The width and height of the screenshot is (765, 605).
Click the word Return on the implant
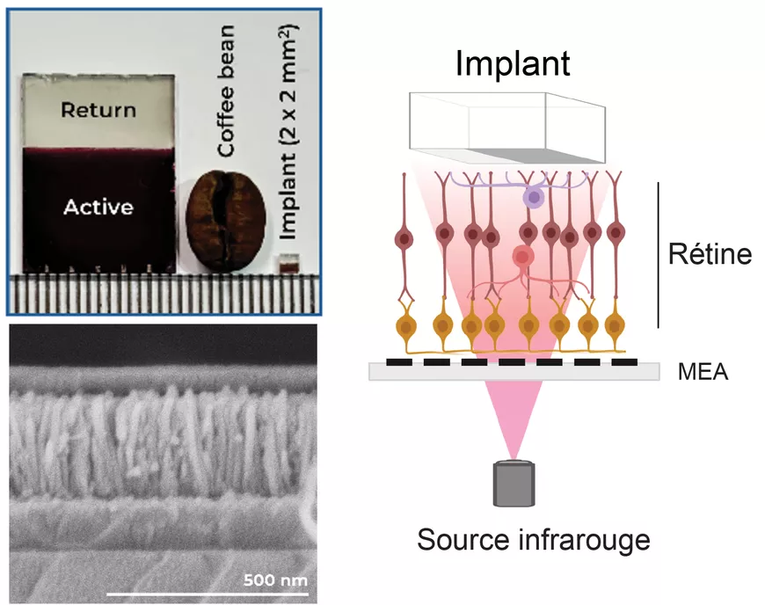click(x=98, y=110)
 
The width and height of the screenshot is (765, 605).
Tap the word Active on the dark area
click(x=98, y=207)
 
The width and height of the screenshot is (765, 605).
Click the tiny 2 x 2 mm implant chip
click(x=286, y=263)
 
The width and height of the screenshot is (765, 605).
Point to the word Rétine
click(x=710, y=256)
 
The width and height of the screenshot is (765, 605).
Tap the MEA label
click(x=702, y=373)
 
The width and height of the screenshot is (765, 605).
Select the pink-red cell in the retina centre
click(x=523, y=257)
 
